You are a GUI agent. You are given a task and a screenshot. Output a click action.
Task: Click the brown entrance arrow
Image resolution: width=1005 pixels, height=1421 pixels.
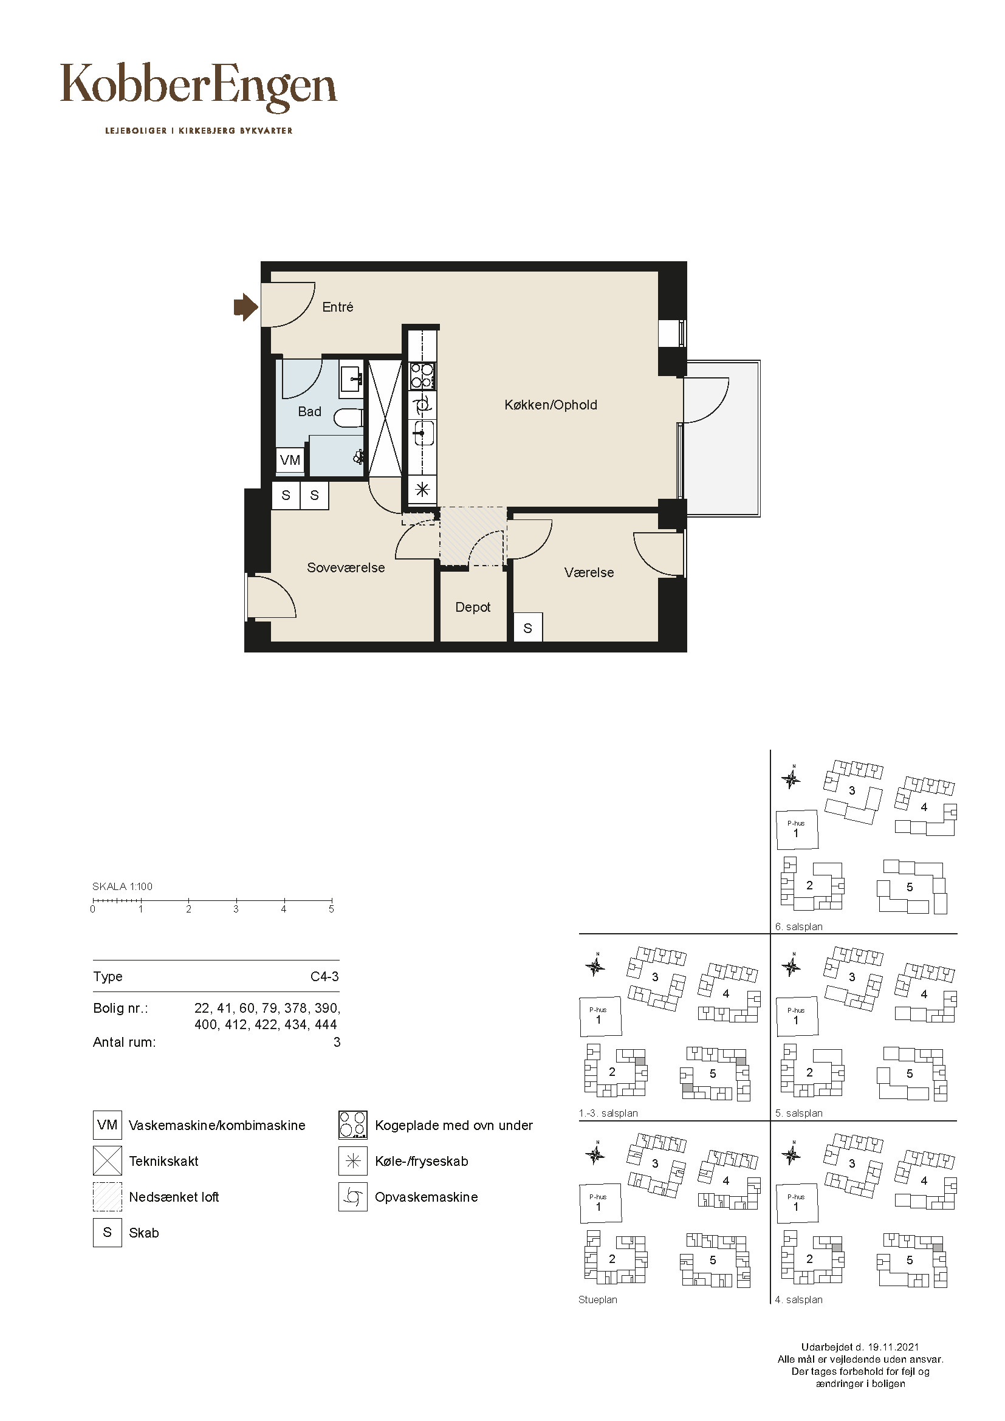245,306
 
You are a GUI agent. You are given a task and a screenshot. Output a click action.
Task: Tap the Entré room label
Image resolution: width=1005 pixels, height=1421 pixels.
337,307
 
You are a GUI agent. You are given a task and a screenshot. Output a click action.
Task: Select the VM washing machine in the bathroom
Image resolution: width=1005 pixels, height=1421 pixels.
290,460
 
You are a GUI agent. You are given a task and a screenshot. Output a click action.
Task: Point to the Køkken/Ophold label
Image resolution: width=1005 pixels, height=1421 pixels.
551,405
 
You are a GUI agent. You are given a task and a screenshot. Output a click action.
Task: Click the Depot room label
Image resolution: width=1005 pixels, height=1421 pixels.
473,607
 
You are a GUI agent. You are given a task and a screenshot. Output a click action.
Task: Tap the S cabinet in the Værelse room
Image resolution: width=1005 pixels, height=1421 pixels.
528,628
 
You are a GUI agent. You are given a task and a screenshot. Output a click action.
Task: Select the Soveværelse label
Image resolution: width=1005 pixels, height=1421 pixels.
346,567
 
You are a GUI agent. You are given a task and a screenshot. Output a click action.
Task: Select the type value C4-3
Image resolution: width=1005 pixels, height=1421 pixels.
325,976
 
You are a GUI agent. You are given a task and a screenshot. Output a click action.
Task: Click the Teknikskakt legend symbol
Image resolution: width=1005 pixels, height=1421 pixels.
107,1161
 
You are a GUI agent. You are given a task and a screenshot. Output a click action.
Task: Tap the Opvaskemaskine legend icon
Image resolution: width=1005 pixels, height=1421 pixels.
353,1197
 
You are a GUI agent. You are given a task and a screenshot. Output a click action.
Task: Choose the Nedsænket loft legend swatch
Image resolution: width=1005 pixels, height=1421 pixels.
107,1197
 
